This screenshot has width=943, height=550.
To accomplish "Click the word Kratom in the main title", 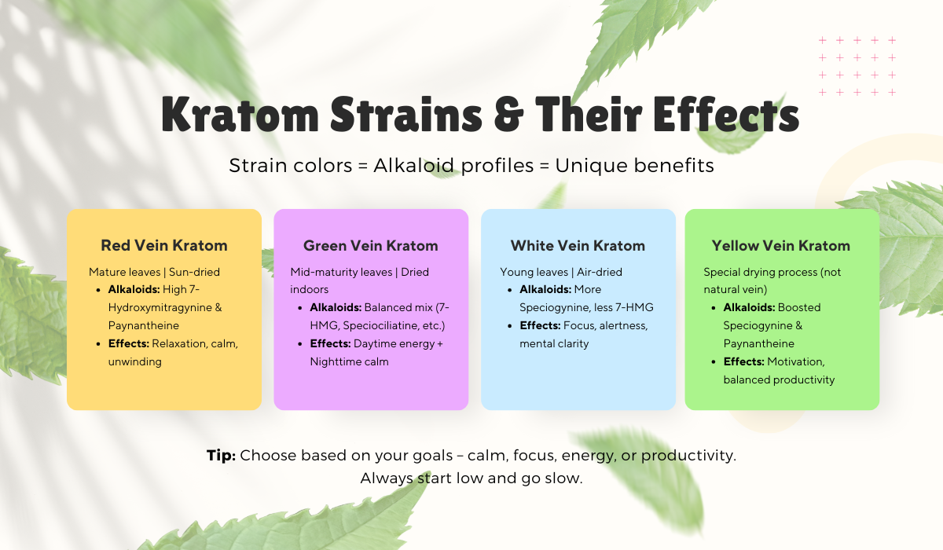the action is point(240,115).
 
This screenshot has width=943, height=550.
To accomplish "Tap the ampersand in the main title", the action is point(508,115).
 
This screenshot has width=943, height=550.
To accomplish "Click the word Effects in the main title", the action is point(726,115).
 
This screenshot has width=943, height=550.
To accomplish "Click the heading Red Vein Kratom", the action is point(164,245).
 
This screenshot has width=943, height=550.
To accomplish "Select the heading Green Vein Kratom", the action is point(371,245).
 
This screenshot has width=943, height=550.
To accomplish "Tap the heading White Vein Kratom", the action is point(578,245).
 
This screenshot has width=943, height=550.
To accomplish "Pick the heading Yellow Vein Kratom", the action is point(781,245).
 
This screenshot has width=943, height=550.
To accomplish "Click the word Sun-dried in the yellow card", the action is point(194,272).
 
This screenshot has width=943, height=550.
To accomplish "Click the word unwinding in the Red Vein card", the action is point(134,361).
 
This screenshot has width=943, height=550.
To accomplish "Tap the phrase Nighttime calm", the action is point(349,361).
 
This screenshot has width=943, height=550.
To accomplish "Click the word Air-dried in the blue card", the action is point(599,272).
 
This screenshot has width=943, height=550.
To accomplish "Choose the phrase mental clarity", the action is point(554,344).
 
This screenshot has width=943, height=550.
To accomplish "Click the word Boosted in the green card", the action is point(799,308).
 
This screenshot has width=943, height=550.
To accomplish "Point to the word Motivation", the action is point(795,361).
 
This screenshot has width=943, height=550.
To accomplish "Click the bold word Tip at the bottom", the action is point(221,455).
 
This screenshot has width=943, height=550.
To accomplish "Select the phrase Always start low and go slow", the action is point(472,478).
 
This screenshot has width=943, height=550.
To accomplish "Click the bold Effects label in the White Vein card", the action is point(540,326).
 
